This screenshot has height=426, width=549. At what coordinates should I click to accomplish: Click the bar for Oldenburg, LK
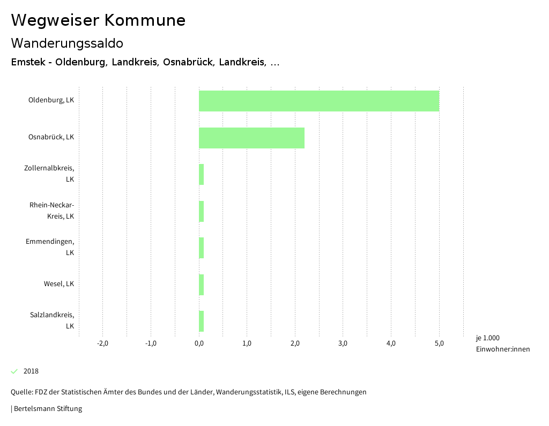click(319, 101)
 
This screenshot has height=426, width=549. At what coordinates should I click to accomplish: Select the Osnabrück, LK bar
click(251, 138)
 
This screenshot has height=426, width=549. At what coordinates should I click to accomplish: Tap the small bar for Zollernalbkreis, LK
click(201, 175)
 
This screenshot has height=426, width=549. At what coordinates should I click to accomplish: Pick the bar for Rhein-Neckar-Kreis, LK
click(201, 211)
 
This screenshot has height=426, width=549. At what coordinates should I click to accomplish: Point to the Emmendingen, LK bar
click(201, 248)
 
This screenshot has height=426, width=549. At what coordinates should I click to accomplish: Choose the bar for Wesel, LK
click(201, 285)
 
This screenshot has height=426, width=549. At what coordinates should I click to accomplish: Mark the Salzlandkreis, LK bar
click(201, 322)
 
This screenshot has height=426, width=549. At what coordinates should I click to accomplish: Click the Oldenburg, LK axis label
click(51, 100)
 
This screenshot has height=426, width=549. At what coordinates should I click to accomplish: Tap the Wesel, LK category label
click(59, 284)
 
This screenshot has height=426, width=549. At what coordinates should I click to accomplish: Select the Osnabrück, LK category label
click(51, 137)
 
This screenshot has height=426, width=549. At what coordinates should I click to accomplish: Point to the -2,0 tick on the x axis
click(102, 343)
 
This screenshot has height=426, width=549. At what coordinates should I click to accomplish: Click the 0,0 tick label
click(199, 343)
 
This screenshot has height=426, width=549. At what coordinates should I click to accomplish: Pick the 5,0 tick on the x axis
click(439, 343)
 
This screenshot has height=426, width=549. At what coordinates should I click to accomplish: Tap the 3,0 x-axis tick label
click(343, 343)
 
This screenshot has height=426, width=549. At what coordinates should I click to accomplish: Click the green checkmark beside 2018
click(14, 371)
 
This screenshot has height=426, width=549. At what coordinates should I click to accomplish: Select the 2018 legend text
click(31, 371)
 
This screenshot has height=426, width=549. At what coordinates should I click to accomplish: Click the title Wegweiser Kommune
click(98, 20)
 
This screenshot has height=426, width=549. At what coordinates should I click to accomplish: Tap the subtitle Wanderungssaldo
click(67, 43)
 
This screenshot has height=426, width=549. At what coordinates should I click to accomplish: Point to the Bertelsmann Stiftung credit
click(48, 409)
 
